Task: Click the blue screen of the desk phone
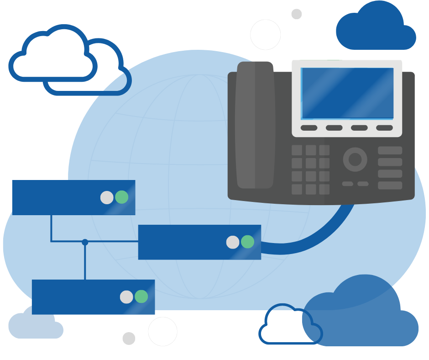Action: (x=347, y=93)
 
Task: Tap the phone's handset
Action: (x=255, y=126)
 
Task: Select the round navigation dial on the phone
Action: (x=355, y=159)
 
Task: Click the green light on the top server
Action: (x=122, y=197)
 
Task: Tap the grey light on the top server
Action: (x=107, y=197)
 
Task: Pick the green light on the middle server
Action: (x=247, y=242)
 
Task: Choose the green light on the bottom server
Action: (x=141, y=296)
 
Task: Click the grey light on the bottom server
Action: (x=126, y=297)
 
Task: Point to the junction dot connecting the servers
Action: (x=85, y=242)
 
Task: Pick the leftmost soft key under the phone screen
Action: (x=309, y=128)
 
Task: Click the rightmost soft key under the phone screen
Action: (x=384, y=128)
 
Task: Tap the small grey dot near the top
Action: (x=297, y=14)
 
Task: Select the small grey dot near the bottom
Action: (x=129, y=339)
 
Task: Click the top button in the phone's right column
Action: (x=390, y=150)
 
